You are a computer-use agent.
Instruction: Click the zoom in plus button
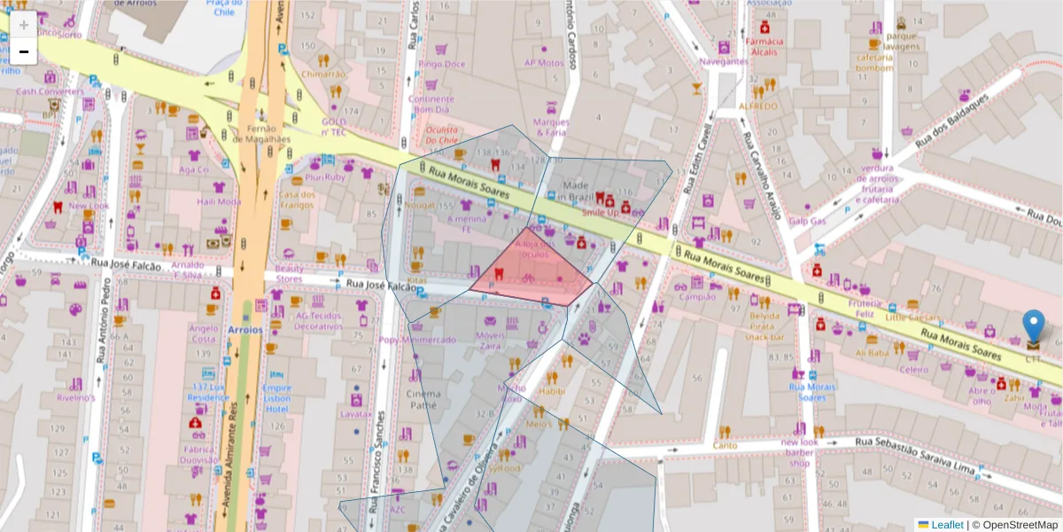24,25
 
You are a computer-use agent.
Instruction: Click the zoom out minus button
24,51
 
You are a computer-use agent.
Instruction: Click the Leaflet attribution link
947,525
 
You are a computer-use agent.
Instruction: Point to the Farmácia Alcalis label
764,46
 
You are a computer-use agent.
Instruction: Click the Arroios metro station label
244,329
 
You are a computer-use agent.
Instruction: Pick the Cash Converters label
50,90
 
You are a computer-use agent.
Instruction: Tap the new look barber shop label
800,452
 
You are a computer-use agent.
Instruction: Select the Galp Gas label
807,222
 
